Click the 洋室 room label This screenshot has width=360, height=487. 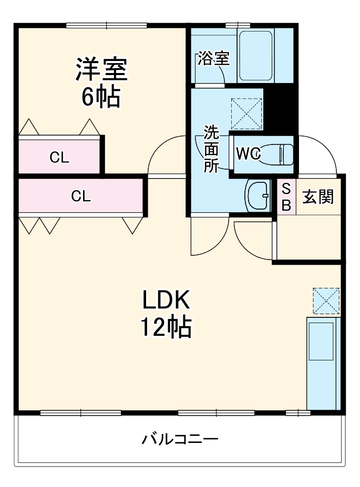101,69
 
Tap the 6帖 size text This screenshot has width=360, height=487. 101,97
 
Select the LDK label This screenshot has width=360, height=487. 166,300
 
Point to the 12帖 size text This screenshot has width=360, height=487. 166,327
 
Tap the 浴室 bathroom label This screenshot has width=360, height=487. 214,58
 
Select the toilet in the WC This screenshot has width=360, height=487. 276,154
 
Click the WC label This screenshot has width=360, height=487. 248,153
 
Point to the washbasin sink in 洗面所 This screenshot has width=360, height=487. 258,195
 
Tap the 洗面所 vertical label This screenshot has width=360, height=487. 211,149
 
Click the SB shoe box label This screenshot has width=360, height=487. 286,197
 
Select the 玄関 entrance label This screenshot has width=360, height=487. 318,197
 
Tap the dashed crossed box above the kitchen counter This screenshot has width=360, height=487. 326,301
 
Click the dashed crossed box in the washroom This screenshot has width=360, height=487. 246,113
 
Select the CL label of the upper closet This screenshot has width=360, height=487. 59,158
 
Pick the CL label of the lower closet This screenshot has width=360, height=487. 81,196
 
